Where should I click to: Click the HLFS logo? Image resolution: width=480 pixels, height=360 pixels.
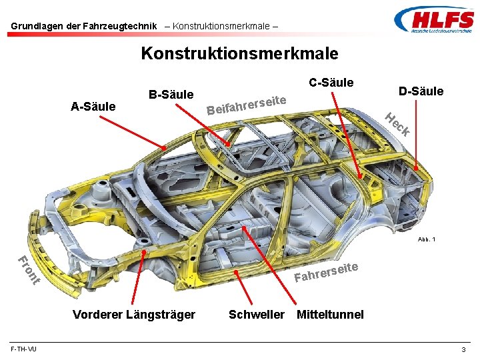(433, 21)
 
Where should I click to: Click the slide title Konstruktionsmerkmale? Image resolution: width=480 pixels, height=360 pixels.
(239, 53)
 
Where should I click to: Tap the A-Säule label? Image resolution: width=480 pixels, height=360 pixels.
(93, 106)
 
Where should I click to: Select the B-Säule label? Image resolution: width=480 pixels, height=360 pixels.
(171, 95)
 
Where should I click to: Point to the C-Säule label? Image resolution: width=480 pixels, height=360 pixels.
(331, 83)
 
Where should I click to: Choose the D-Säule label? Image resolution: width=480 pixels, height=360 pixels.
(421, 91)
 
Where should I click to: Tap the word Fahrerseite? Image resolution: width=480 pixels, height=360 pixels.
(327, 271)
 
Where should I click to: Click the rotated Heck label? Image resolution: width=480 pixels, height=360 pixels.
(399, 125)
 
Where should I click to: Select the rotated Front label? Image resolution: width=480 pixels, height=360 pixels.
(29, 270)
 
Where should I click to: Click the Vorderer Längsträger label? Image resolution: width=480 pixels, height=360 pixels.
(134, 314)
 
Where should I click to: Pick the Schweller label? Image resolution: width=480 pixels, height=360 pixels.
(257, 314)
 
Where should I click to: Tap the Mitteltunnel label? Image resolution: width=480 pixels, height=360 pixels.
(331, 314)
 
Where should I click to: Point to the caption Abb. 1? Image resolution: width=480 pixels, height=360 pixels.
(427, 239)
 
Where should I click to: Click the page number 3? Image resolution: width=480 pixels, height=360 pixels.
(463, 350)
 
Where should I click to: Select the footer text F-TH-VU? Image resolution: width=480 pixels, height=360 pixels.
(24, 349)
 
